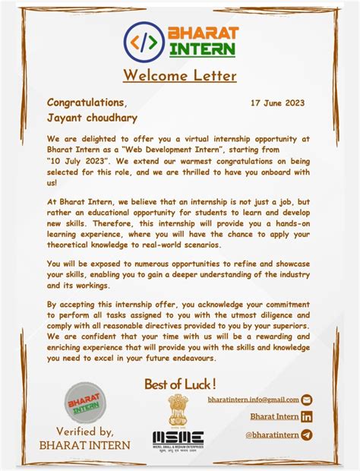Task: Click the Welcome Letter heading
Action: (x=179, y=75)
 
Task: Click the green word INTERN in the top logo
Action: (x=202, y=50)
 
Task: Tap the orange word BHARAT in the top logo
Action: (x=203, y=34)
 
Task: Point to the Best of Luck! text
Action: (x=180, y=384)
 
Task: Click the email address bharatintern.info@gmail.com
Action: (x=253, y=400)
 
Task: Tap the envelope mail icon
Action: (x=307, y=400)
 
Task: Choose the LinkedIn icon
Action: (x=307, y=416)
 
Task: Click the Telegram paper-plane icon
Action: (x=307, y=435)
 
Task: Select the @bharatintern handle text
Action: (x=271, y=435)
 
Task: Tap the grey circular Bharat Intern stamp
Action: (x=85, y=402)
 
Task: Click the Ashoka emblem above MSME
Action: (x=178, y=411)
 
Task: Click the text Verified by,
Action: (x=85, y=431)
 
